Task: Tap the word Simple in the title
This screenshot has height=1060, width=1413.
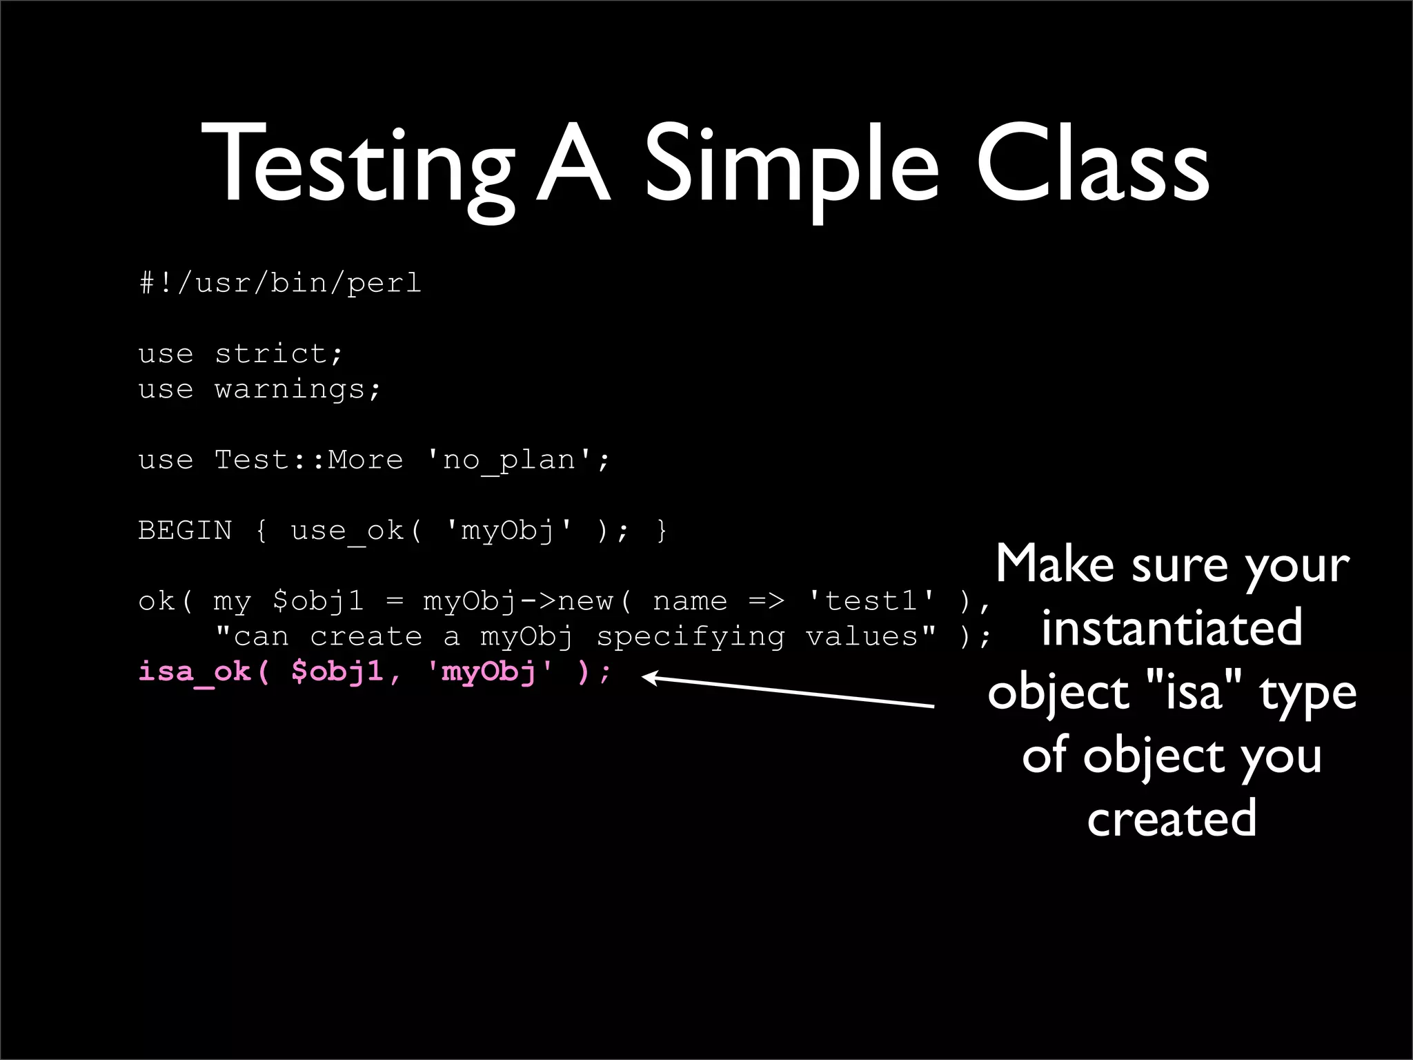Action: pos(791,166)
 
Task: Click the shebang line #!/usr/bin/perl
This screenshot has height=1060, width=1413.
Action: pos(280,283)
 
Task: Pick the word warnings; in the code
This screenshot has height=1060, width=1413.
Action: pos(297,390)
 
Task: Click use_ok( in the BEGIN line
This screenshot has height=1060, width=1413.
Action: pos(356,531)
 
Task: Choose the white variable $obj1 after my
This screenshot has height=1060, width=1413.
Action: pos(318,601)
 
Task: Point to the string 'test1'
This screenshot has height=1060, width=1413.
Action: pos(871,601)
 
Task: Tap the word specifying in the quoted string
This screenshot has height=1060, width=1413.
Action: pos(691,636)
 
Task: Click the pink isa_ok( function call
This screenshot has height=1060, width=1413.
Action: pos(204,671)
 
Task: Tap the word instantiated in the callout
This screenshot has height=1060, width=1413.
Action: pos(1172,628)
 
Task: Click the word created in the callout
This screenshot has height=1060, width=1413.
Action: pos(1172,818)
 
